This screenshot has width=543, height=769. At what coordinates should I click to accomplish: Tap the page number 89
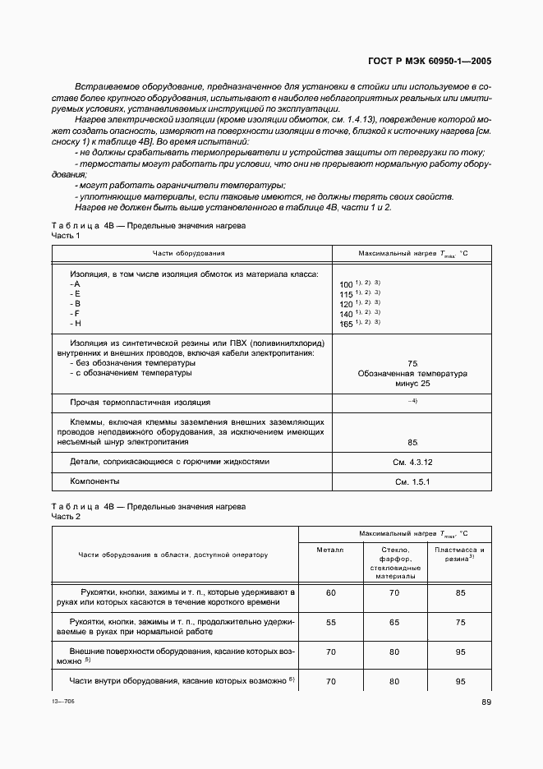coord(485,701)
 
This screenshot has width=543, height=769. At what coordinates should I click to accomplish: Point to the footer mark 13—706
coord(62,702)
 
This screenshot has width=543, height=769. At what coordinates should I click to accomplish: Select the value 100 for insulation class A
coord(346,283)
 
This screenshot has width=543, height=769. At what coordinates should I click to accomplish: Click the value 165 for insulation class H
coord(346,324)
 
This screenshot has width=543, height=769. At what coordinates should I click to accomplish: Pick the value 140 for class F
coord(346,314)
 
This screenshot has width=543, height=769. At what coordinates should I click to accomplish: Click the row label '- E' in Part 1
coord(75,293)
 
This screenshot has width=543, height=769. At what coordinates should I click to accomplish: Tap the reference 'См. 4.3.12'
coord(412,462)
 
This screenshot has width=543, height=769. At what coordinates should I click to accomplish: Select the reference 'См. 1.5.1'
coord(412,481)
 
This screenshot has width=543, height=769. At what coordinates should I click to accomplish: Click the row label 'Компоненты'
coord(94,481)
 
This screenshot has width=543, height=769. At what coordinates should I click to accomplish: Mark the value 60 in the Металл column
coord(331,592)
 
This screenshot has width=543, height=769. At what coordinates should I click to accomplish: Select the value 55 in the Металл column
coord(331,623)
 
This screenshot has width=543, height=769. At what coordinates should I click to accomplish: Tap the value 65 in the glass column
coord(394,623)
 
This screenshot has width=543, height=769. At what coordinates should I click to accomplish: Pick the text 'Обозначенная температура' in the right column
coord(412,373)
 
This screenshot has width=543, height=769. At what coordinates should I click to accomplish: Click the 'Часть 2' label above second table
coord(66,516)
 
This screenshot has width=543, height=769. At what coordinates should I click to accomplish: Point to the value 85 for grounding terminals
coord(412,441)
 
